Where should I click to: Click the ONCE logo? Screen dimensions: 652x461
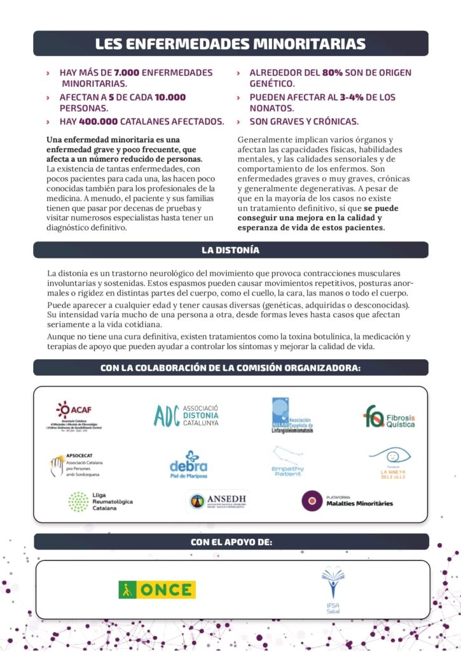click(157, 590)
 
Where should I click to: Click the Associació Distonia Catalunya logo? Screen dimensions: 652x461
click(186, 415)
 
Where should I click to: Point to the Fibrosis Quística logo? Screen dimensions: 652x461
click(389, 416)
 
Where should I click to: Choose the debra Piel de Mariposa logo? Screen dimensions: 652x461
click(188, 464)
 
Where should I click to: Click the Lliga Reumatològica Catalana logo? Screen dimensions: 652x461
click(100, 502)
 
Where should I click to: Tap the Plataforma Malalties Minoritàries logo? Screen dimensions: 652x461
click(347, 500)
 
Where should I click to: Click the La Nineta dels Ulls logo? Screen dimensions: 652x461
click(389, 462)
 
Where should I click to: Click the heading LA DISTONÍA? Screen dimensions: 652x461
click(230, 250)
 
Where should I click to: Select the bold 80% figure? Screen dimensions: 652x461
click(332, 73)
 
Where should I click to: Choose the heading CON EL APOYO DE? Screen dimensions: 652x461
click(231, 542)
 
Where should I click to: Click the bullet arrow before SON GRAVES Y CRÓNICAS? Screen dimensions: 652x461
click(238, 122)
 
